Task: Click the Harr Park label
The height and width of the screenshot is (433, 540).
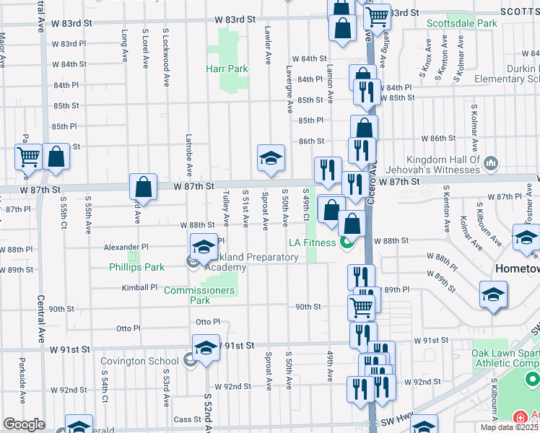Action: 227,69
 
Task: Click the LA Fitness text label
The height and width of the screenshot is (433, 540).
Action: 313,242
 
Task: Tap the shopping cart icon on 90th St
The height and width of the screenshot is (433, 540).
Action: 361,306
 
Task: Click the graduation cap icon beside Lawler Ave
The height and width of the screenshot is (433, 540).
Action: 270,158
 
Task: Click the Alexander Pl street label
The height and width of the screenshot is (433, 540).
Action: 126,246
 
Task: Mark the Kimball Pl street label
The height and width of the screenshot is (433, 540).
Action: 139,287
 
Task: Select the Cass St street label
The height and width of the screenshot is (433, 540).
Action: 187,419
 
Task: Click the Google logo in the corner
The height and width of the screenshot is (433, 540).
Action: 23,424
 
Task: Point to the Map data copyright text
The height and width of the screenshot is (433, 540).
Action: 510,427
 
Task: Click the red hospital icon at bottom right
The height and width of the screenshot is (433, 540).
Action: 519,417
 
